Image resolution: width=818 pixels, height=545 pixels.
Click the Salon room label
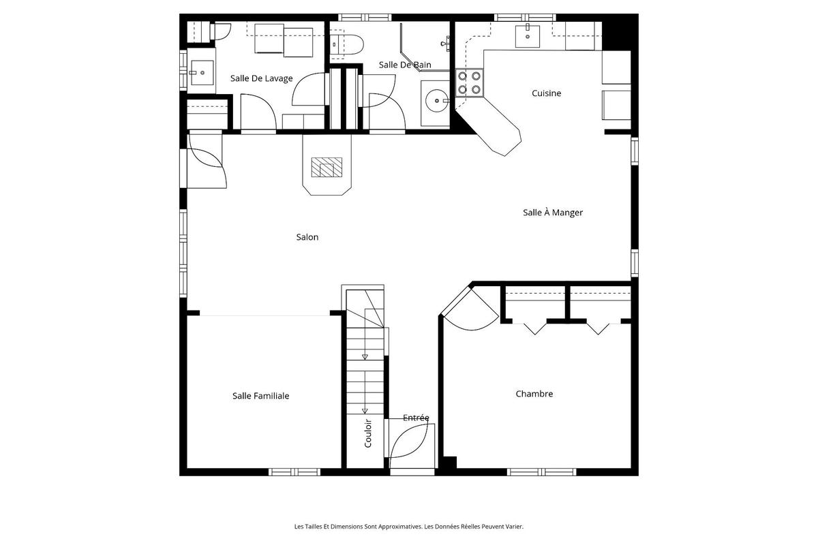pyautogui.click(x=307, y=237)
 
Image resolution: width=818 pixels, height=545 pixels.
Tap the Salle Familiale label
pyautogui.click(x=260, y=395)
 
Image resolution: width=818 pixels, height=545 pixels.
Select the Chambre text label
pyautogui.click(x=534, y=393)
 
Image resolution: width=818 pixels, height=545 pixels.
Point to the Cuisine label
pyautogui.click(x=546, y=93)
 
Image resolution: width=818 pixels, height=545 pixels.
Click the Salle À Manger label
pyautogui.click(x=552, y=212)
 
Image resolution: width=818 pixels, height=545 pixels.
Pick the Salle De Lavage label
pyautogui.click(x=261, y=78)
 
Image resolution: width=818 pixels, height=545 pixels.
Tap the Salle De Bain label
pyautogui.click(x=405, y=65)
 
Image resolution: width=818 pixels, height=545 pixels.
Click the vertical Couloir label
pyautogui.click(x=368, y=432)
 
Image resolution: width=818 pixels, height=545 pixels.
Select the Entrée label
pyautogui.click(x=416, y=418)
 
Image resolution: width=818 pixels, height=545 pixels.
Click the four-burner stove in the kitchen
pyautogui.click(x=469, y=82)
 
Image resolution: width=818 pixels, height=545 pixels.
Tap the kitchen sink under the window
pyautogui.click(x=528, y=35)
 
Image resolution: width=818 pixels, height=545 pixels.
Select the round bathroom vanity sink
pyautogui.click(x=435, y=102)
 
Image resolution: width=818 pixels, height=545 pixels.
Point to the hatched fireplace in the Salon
pyautogui.click(x=327, y=168)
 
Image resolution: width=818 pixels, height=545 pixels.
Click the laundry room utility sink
pyautogui.click(x=201, y=71)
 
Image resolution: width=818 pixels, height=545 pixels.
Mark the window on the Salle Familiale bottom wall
pyautogui.click(x=294, y=471)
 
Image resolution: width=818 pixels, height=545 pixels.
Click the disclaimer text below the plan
pyautogui.click(x=408, y=526)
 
